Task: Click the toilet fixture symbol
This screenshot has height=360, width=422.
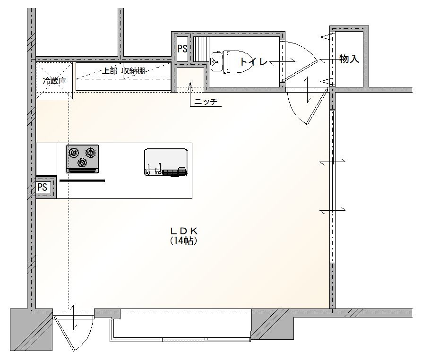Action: tap(230, 61)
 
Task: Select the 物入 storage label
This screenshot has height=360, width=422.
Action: tap(349, 59)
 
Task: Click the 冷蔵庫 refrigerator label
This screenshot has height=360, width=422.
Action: tap(54, 81)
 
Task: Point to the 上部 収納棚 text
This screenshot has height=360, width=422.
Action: tap(124, 71)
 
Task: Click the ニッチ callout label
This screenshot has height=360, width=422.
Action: tap(206, 102)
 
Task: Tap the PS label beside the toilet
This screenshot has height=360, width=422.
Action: tap(182, 49)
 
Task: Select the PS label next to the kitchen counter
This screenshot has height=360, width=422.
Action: tap(42, 187)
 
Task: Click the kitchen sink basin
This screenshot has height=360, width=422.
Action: tap(166, 163)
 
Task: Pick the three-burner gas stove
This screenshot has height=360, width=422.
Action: tap(82, 159)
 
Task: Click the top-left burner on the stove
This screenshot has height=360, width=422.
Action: tap(73, 153)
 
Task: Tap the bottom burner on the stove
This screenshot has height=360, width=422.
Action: tap(82, 163)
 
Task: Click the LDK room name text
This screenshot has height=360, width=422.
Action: tap(184, 231)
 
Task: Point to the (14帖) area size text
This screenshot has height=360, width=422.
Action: tap(184, 240)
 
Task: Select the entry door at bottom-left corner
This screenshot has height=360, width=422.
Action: tap(73, 333)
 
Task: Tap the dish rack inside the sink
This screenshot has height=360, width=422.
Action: tap(174, 172)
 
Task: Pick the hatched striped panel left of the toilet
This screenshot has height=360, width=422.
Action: tap(201, 49)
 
